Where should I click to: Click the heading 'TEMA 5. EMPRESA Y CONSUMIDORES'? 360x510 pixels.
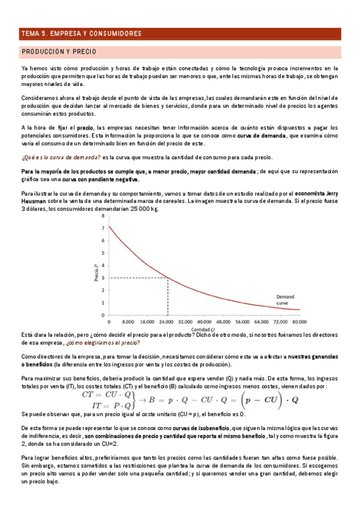point(81,33)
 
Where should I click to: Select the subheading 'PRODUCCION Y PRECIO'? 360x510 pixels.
point(59,52)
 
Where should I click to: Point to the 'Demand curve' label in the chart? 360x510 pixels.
point(285,300)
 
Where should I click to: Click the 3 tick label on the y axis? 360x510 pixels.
point(103,277)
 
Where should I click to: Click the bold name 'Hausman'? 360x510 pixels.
point(35,201)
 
